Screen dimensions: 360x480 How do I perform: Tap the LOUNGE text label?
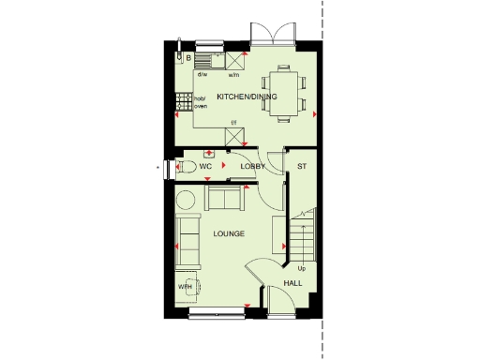[x=229, y=232]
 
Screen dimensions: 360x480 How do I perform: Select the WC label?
[x=205, y=166]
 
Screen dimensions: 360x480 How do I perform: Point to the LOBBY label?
[x=253, y=166]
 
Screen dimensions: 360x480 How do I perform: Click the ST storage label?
[x=301, y=166]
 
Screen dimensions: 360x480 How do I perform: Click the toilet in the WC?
[x=186, y=167]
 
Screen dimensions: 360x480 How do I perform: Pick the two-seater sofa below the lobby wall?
[x=223, y=198]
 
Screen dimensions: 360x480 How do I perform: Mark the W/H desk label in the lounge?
[x=185, y=287]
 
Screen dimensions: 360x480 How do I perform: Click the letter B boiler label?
[x=188, y=58]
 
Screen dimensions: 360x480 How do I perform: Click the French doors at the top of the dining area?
[x=273, y=35]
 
